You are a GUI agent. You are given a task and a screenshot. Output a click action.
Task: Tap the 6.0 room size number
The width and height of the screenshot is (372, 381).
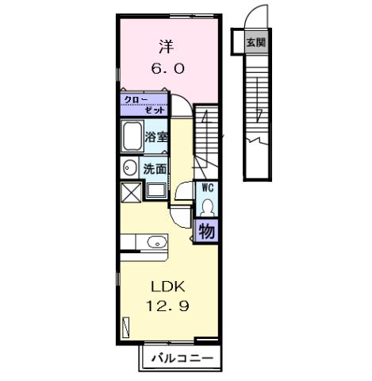tap(167, 69)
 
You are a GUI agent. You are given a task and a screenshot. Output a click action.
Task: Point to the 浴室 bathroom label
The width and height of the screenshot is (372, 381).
tap(156, 137)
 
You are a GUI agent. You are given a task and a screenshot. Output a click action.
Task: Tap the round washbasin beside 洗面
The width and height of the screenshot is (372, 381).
tap(129, 169)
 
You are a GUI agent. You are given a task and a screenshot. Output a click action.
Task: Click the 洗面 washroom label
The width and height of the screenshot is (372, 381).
tap(155, 169)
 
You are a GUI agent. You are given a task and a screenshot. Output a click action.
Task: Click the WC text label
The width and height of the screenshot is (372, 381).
tap(207, 188)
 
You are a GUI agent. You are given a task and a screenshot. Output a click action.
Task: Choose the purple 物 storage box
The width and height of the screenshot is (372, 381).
tap(206, 231)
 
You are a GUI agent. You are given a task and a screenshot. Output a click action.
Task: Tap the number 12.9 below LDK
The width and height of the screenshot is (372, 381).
tap(167, 306)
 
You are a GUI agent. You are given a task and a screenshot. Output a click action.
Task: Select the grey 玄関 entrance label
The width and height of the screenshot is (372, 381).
tap(253, 40)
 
